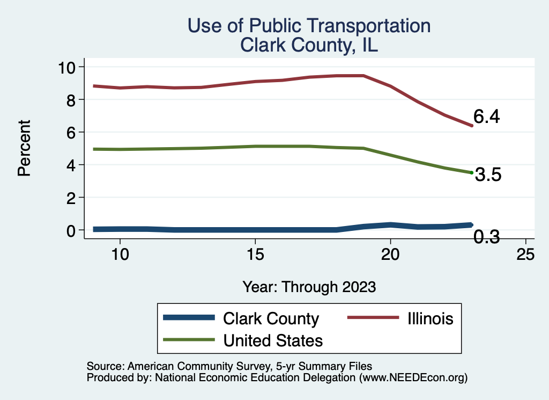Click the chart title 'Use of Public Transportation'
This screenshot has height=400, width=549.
[x=308, y=25]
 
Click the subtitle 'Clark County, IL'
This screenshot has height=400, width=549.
[x=309, y=45]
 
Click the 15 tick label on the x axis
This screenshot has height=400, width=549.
[x=255, y=254]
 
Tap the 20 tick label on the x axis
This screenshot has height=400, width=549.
[x=390, y=254]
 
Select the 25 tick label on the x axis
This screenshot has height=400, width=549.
[x=525, y=254]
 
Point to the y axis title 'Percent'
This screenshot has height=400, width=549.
[x=24, y=148]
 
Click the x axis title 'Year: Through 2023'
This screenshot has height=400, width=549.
[x=309, y=286]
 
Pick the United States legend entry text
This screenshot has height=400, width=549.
[x=273, y=340]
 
